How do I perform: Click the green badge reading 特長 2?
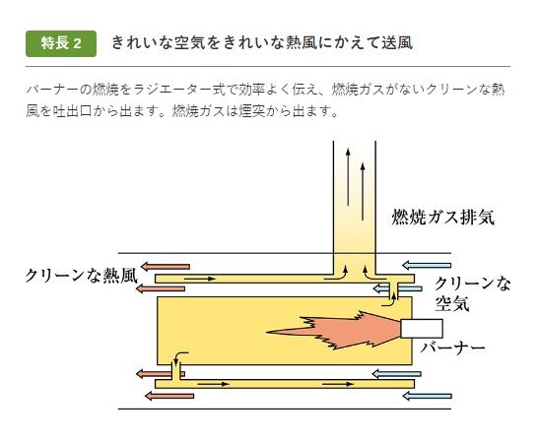pyautogui.click(x=61, y=43)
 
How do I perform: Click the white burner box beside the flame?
pyautogui.click(x=422, y=329)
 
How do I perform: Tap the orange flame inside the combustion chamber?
pyautogui.click(x=333, y=330)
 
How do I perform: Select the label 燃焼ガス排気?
pyautogui.click(x=443, y=217)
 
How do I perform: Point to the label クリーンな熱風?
pyautogui.click(x=82, y=276)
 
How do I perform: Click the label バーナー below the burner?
pyautogui.click(x=452, y=347)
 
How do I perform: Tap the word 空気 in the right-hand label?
pyautogui.click(x=452, y=303)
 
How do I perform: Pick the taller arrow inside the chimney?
pyautogui.click(x=348, y=176)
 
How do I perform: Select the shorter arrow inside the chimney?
pyautogui.click(x=363, y=191)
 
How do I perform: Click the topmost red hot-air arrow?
pyautogui.click(x=166, y=267)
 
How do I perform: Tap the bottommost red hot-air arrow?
pyautogui.click(x=169, y=396)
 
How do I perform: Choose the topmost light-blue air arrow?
pyautogui.click(x=427, y=265)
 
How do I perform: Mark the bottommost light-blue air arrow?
pyautogui.click(x=427, y=396)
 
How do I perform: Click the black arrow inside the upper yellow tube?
pyautogui.click(x=200, y=279)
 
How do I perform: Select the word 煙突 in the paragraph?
pyautogui.click(x=252, y=111)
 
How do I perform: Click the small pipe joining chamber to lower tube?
pyautogui.click(x=176, y=372)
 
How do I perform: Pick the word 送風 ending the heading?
pyautogui.click(x=397, y=43)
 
